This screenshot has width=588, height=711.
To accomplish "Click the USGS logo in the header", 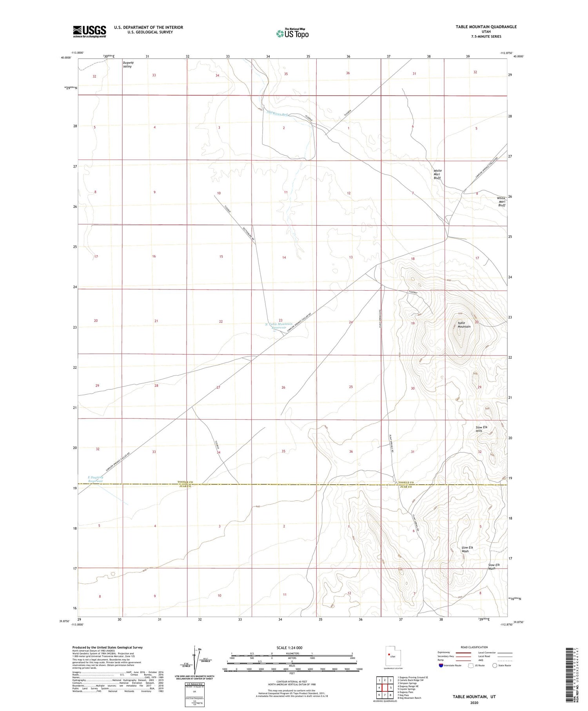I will pos(89,31).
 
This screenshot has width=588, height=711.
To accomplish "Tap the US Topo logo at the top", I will pos(292,34).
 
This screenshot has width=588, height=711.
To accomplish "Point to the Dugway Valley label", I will pos(127,65).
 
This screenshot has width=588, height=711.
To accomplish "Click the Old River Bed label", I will pos(277,114).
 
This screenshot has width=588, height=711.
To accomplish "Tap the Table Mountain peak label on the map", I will pos(464,325).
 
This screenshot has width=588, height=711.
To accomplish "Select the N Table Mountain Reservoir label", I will pos(279,326).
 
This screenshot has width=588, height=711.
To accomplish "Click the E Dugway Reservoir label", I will pos(95,479).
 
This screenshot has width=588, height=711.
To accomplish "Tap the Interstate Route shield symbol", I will pos(441,666).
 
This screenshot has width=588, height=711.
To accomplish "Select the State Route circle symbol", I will pos(495,666).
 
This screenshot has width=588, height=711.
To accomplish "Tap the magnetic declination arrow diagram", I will pos(195,660).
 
